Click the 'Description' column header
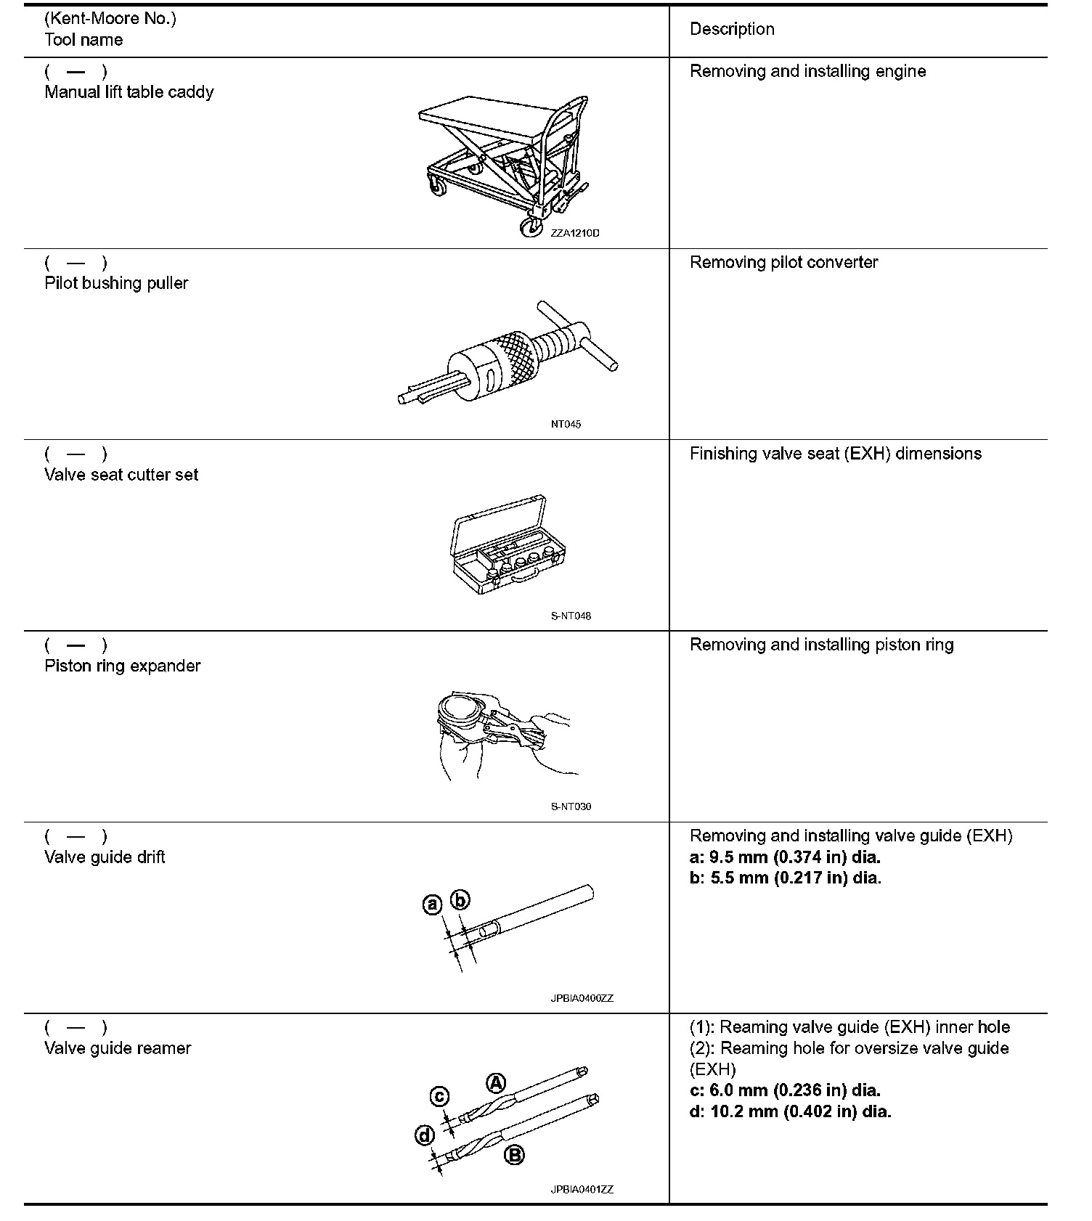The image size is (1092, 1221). (x=732, y=29)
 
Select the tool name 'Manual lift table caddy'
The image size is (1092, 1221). (x=129, y=92)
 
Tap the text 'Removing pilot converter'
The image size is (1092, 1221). (x=783, y=262)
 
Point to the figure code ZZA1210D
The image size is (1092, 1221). (x=575, y=233)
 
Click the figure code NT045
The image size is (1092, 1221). (x=566, y=424)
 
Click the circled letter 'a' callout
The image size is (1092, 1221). (x=432, y=904)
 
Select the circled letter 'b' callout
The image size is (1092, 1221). (x=460, y=900)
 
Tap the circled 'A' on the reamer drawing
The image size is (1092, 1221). (x=495, y=1083)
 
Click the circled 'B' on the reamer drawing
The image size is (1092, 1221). (x=514, y=1155)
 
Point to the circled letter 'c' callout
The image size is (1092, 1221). (x=440, y=1096)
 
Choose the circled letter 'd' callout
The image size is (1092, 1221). (x=425, y=1135)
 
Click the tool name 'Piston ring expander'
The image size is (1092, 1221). (x=122, y=666)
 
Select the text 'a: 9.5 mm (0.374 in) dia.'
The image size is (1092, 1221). (x=785, y=857)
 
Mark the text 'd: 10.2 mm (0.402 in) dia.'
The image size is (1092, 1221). (x=790, y=1111)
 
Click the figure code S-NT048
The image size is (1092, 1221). (x=571, y=616)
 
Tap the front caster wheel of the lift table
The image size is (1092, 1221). (x=529, y=228)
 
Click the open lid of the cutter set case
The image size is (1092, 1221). (x=499, y=523)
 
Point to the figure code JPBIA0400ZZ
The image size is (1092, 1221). (x=582, y=998)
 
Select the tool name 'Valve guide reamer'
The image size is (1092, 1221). (x=118, y=1048)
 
